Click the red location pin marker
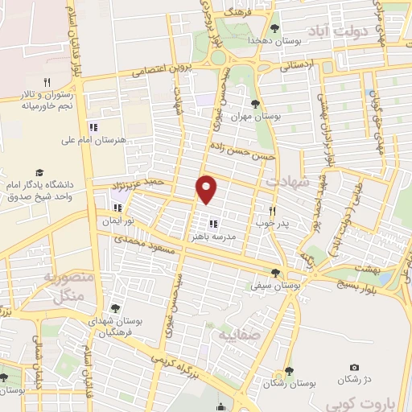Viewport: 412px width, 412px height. click(x=208, y=188)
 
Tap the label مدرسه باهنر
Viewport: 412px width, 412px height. click(x=213, y=238)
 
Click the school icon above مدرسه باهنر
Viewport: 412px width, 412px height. click(x=213, y=225)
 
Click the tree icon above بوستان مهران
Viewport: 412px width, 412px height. click(x=255, y=103)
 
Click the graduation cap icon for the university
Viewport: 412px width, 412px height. click(x=39, y=172)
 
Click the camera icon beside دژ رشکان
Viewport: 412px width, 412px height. click(x=355, y=369)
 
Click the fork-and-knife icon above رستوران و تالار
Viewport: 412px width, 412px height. click(x=47, y=81)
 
